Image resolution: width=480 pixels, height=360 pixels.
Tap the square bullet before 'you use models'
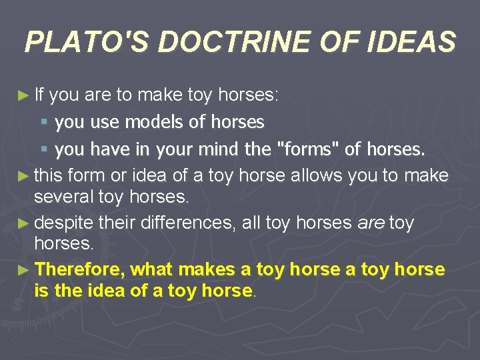click(x=44, y=123)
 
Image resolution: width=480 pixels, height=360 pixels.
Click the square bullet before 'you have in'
click(x=44, y=149)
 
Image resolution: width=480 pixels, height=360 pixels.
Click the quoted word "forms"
click(x=309, y=149)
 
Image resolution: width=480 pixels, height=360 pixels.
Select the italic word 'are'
click(x=371, y=222)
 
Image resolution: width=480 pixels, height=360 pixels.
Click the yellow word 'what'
click(x=152, y=269)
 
